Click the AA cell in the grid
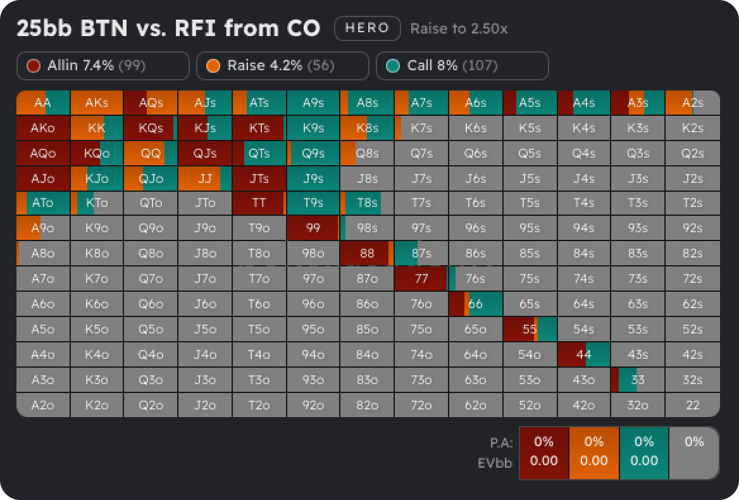click(43, 103)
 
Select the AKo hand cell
click(43, 128)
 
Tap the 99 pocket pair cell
click(313, 228)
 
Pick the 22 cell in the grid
click(693, 405)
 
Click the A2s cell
click(693, 103)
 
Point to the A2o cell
click(43, 405)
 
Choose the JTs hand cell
click(259, 178)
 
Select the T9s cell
click(313, 203)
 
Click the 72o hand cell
click(421, 405)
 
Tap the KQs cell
click(151, 128)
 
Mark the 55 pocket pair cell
click(530, 329)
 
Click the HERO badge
click(367, 28)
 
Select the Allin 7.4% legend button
click(103, 66)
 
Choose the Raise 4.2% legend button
click(282, 66)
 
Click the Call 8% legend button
click(462, 66)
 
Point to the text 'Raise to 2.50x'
click(459, 29)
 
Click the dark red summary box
click(543, 453)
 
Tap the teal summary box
click(644, 453)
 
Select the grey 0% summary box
click(693, 453)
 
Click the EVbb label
click(495, 463)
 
